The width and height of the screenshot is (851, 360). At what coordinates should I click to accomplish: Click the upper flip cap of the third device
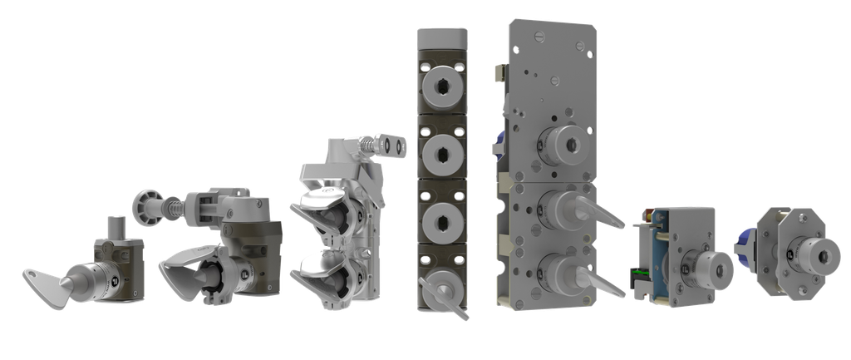319,200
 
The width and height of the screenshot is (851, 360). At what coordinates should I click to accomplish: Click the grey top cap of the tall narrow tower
440,37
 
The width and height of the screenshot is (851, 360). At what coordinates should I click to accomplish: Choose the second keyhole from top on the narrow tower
440,153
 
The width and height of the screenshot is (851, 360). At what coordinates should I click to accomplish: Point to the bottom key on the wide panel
582,274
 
